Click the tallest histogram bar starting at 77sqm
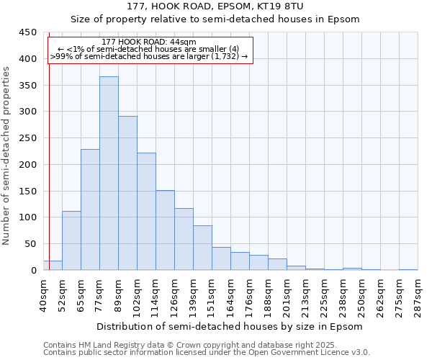click(109, 173)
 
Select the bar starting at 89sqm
click(127, 193)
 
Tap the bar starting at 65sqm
click(90, 210)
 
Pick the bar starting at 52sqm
click(71, 240)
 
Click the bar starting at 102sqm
click(146, 212)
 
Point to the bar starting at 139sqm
click(202, 248)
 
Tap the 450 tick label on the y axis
click(27, 32)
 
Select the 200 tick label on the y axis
click(27, 165)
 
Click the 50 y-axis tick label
click(30, 244)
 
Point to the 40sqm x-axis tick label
click(43, 294)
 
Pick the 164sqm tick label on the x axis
click(230, 294)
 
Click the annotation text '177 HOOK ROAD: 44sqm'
click(149, 42)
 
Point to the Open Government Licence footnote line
click(207, 352)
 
